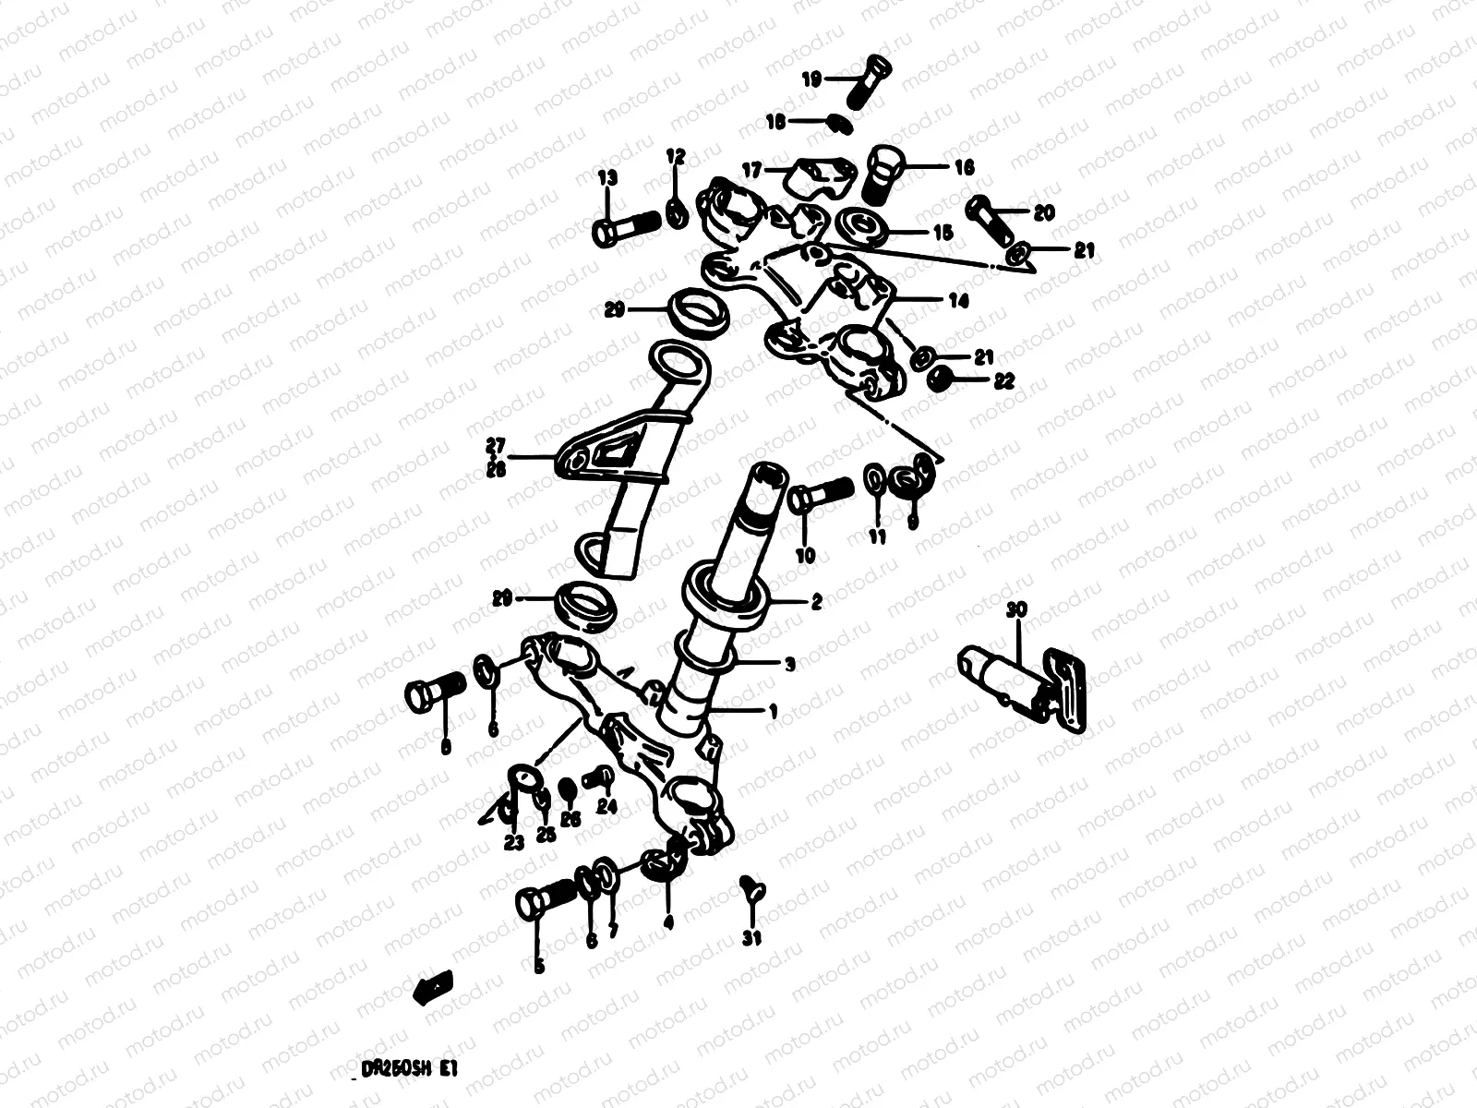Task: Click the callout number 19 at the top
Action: coord(811,80)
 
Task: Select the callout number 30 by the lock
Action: coord(1016,611)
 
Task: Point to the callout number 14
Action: coord(958,301)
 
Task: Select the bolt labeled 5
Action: coord(545,897)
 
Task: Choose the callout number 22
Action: coord(1003,379)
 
